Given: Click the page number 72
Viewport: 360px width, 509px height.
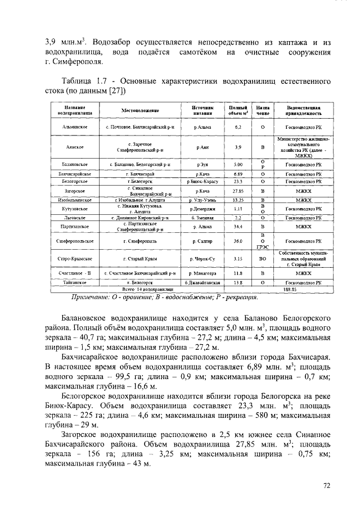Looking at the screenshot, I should point(327,485).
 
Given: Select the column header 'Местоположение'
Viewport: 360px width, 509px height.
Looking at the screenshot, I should point(140,110).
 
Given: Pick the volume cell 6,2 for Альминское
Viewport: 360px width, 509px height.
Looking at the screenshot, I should point(238,128).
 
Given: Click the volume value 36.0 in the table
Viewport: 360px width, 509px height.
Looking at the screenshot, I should point(238,241).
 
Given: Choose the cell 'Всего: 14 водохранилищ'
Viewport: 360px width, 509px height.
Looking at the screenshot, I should point(140,289).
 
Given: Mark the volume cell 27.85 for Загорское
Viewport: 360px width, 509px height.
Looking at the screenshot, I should point(238,192).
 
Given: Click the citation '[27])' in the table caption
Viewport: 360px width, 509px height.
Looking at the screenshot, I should point(116,90).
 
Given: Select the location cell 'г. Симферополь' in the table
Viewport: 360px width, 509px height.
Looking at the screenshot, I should point(140,241).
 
